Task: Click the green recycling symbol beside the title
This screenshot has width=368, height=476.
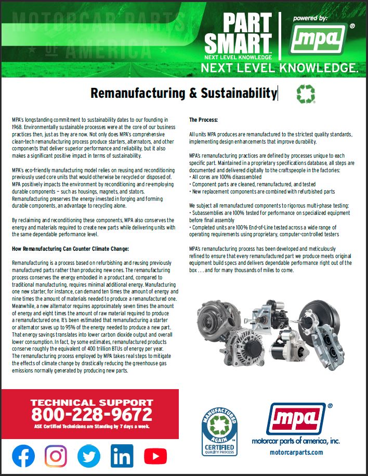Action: [x=305, y=94]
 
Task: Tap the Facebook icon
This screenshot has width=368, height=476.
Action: [x=23, y=456]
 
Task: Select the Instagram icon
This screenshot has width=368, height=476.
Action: [x=56, y=456]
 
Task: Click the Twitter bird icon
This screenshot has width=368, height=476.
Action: [x=89, y=456]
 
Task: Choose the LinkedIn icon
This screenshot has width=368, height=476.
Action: [x=122, y=456]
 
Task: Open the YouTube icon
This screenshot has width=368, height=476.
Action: [x=155, y=456]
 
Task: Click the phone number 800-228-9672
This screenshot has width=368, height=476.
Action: [x=91, y=415]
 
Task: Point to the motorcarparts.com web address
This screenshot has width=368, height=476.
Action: [x=296, y=452]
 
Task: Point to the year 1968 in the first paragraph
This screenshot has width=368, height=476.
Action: [x=18, y=126]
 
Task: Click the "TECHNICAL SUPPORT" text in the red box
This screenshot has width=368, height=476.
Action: [x=91, y=402]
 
